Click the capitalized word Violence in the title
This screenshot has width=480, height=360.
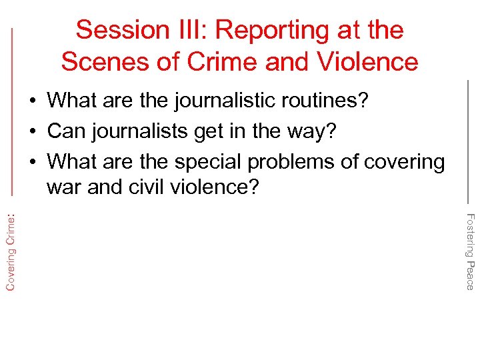369,62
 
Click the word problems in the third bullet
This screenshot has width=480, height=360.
307,162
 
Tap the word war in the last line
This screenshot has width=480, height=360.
64,187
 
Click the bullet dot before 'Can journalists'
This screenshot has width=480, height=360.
33,132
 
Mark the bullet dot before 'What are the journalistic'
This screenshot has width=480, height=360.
33,101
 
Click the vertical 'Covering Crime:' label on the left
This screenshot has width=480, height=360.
11,247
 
